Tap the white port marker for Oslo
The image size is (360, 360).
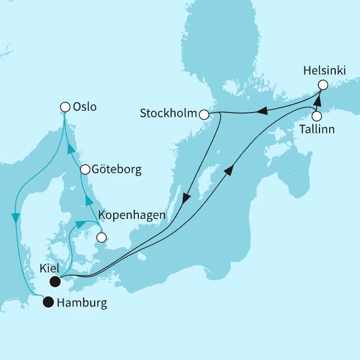(x=65, y=106)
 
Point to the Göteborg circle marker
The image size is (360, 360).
(x=85, y=169)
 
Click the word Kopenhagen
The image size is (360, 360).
(x=132, y=215)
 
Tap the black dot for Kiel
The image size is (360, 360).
(x=55, y=281)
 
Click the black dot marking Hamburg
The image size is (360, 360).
(x=49, y=302)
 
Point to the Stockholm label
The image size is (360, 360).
(x=168, y=114)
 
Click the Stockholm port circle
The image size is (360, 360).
(x=204, y=114)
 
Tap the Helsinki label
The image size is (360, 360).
(x=325, y=71)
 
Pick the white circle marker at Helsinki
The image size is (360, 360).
(x=322, y=85)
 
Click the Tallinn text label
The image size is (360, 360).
(x=317, y=129)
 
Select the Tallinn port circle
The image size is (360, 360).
(x=317, y=116)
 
